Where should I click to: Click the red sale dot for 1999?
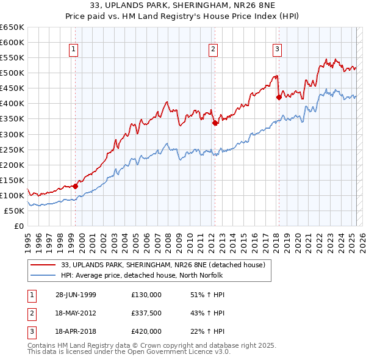[75, 186]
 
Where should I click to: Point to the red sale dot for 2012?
[215, 123]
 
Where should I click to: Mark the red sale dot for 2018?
[279, 97]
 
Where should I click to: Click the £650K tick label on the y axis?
[12, 27]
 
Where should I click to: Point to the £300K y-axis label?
[12, 134]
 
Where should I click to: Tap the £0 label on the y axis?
[19, 226]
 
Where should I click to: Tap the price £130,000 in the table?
[146, 294]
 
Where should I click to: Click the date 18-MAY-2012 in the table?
[76, 313]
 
